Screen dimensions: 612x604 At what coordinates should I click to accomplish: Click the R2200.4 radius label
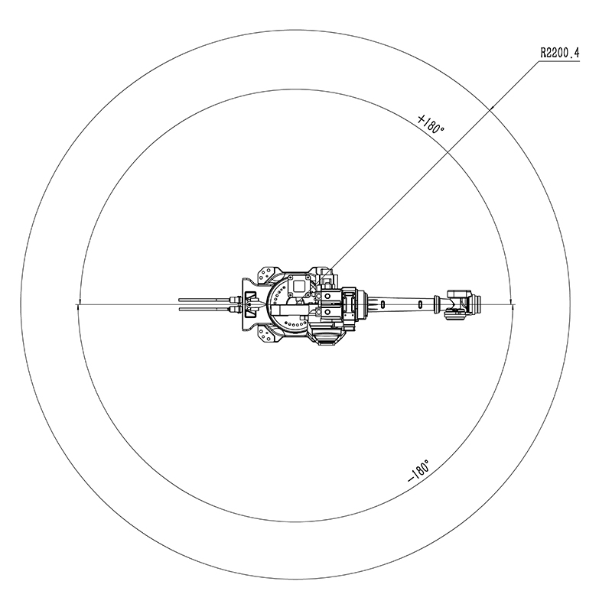[560, 53]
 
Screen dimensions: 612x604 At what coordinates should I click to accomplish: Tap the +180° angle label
[431, 125]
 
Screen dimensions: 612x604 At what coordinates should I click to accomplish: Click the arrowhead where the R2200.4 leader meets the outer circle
[492, 107]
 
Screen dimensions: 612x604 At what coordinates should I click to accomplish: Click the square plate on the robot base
[298, 287]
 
